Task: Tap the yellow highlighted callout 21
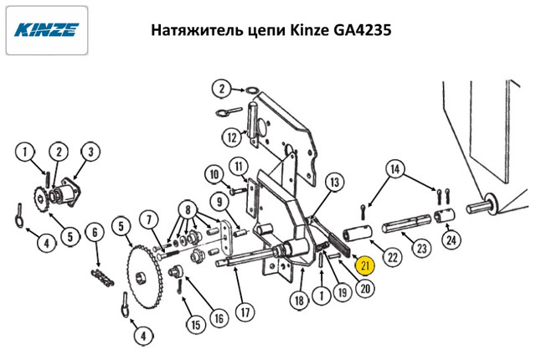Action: [x=365, y=266]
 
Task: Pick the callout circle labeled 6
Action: [x=96, y=232]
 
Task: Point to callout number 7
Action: [x=148, y=221]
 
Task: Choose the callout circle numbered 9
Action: [x=217, y=202]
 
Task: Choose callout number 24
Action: [x=452, y=242]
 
